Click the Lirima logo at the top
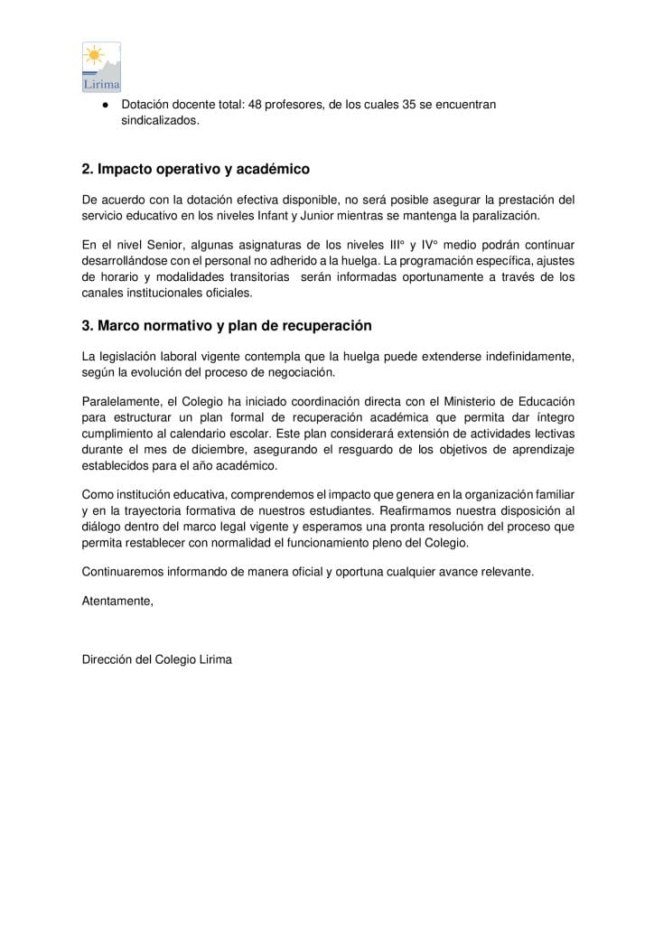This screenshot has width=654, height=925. (x=101, y=67)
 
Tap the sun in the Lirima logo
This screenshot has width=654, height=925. (x=94, y=55)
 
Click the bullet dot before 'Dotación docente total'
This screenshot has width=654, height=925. (x=106, y=106)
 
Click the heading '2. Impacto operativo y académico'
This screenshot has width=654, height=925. (x=195, y=169)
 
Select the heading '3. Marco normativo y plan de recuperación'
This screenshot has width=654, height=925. (x=226, y=325)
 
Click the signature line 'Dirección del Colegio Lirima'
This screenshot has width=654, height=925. (x=156, y=659)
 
